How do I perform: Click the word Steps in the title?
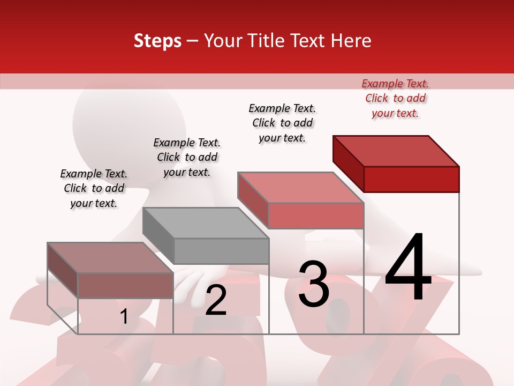(x=157, y=41)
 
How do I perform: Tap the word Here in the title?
(x=351, y=41)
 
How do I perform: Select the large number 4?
(x=408, y=268)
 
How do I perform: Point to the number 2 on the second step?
(x=216, y=301)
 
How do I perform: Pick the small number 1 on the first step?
(x=124, y=316)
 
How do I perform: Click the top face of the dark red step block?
(x=396, y=151)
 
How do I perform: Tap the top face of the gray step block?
(x=206, y=222)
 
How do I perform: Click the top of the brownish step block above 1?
(x=110, y=258)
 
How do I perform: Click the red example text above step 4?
(x=395, y=98)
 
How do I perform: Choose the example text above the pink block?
(x=282, y=123)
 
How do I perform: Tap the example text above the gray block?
(x=187, y=157)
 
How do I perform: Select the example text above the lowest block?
(x=94, y=188)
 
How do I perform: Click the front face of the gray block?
(x=221, y=251)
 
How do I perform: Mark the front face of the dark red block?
(x=411, y=179)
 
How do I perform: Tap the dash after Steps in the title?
(x=192, y=41)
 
